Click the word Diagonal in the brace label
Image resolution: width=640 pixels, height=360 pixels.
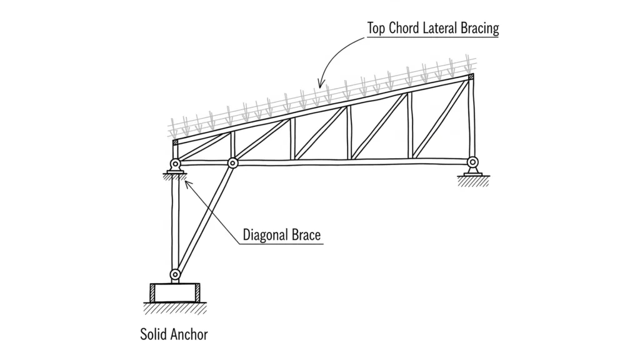[x=264, y=235]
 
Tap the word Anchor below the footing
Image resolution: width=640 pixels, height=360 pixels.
[x=189, y=334]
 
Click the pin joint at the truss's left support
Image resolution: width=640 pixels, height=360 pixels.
[x=175, y=165]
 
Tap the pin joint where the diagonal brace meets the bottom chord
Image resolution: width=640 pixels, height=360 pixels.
[x=232, y=163]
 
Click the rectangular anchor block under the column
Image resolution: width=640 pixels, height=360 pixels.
[x=175, y=292]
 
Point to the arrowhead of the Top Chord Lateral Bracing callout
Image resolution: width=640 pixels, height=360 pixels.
[x=321, y=85]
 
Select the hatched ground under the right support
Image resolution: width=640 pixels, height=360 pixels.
[x=473, y=181]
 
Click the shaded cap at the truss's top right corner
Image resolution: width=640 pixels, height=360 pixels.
[x=471, y=77]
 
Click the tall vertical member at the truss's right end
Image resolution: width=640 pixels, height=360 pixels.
[x=471, y=119]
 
